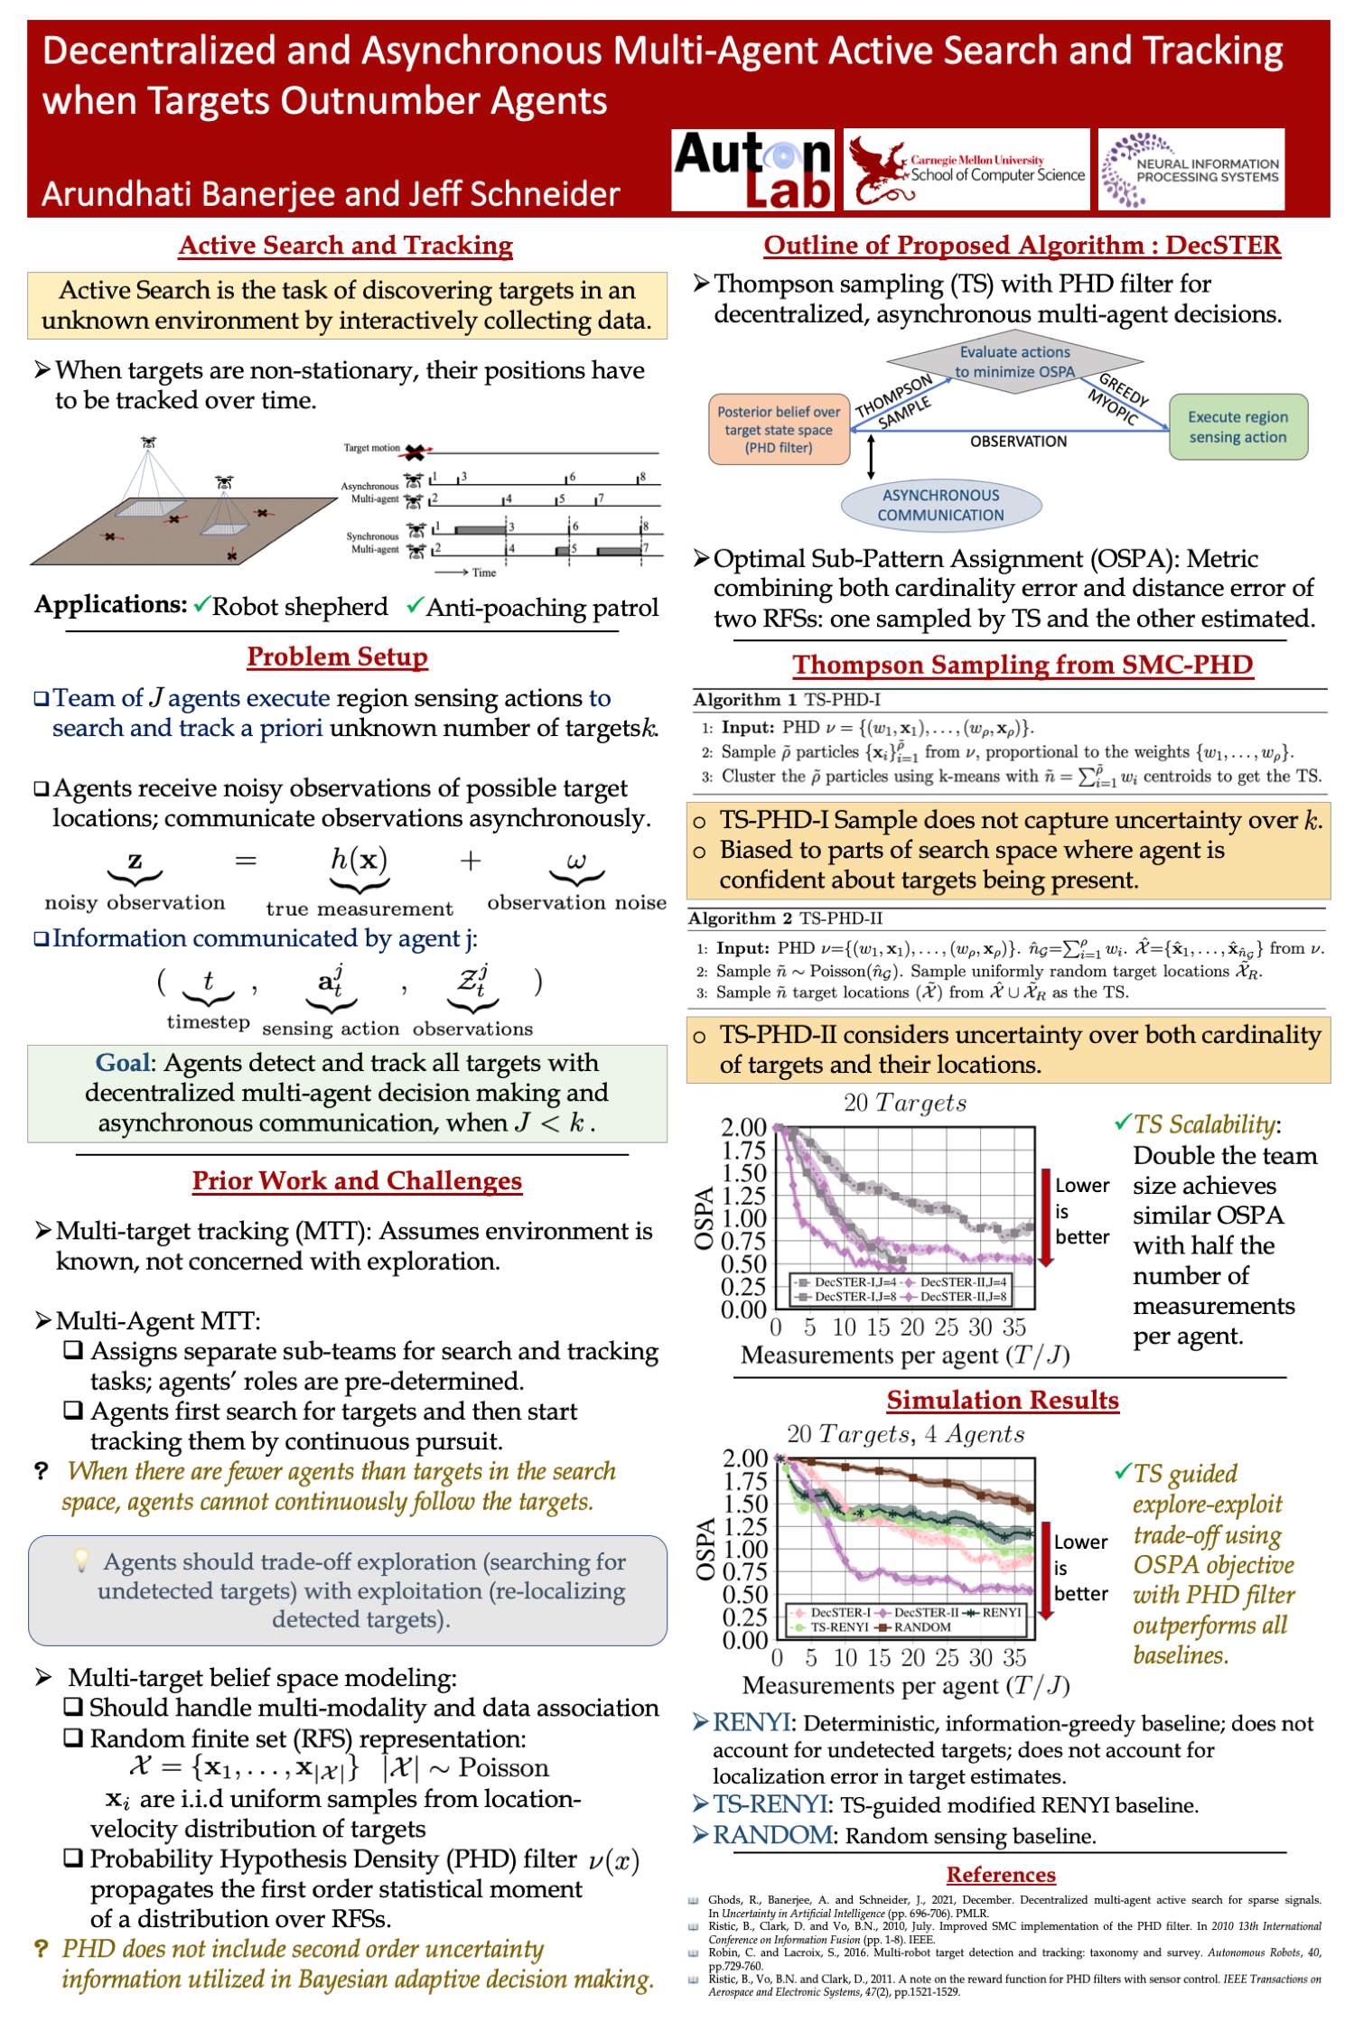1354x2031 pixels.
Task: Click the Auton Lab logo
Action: click(x=753, y=170)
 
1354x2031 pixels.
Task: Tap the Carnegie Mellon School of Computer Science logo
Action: click(x=966, y=170)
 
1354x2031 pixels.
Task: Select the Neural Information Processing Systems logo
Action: click(x=1191, y=170)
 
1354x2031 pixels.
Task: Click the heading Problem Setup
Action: click(x=337, y=657)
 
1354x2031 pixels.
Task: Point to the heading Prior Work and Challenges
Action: click(x=357, y=1180)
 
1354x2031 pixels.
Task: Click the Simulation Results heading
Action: click(x=1002, y=1400)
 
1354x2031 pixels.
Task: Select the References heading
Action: click(x=1000, y=1875)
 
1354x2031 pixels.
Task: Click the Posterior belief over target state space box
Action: click(x=779, y=429)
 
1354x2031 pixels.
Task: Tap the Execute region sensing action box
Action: click(x=1237, y=427)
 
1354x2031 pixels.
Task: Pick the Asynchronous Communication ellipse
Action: click(x=940, y=506)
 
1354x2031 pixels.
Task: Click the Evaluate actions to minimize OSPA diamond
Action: click(x=1014, y=362)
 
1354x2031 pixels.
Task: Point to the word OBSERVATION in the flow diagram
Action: click(x=1018, y=442)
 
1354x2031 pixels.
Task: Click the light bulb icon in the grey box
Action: click(x=81, y=1560)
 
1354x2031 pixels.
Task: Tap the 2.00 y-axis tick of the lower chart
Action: click(x=744, y=1458)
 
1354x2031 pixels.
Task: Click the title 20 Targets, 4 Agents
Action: click(x=905, y=1434)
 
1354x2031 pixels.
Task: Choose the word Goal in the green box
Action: click(x=123, y=1063)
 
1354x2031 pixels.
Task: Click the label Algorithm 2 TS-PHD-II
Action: click(x=785, y=918)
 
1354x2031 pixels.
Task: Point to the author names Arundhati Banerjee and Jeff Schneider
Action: click(x=331, y=194)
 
